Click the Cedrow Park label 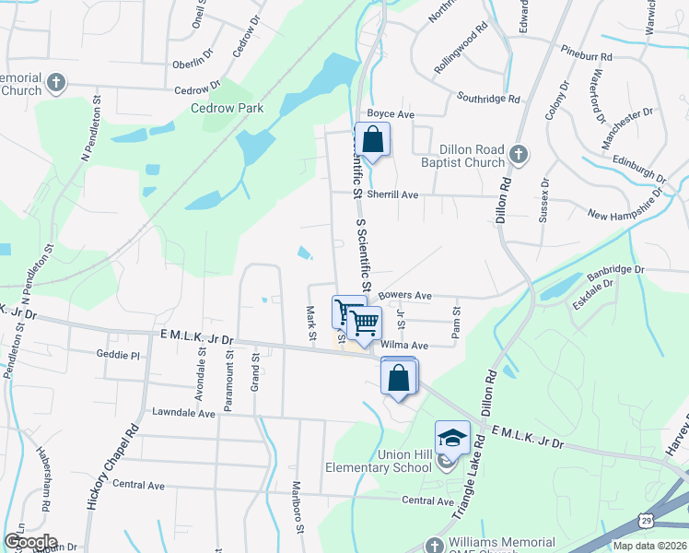pos(227,108)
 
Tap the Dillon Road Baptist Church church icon pos(519,154)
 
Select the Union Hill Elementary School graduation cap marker pos(452,437)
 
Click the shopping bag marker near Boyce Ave pos(372,140)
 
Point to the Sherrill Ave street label pos(392,194)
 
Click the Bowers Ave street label pos(404,296)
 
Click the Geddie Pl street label pos(117,354)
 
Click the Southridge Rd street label pos(488,98)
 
